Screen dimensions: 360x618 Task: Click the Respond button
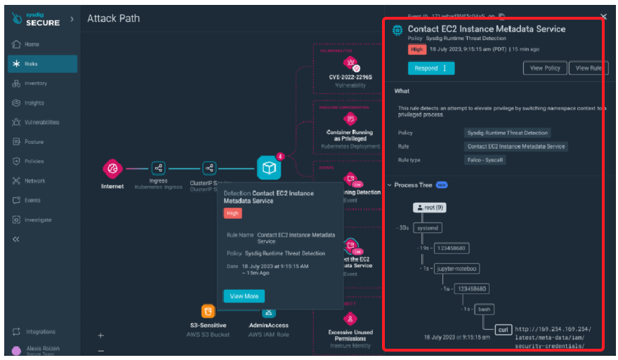[x=430, y=68]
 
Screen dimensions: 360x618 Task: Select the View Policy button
[x=544, y=68]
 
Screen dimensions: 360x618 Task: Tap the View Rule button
[x=588, y=68]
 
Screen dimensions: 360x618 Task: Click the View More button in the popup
[x=244, y=296]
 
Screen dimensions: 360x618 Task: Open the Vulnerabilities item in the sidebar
[x=41, y=122]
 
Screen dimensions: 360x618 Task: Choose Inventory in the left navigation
[x=35, y=84]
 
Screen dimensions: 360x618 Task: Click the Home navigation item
[x=32, y=44]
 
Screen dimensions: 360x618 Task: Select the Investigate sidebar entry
[x=37, y=220]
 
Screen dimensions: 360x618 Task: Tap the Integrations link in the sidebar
[x=40, y=331]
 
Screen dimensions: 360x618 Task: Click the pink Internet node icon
[x=112, y=168]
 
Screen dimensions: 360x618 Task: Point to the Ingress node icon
[x=158, y=168]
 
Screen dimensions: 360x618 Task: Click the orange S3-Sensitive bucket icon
[x=208, y=311]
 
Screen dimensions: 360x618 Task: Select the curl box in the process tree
[x=502, y=328]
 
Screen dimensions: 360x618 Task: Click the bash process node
[x=483, y=309]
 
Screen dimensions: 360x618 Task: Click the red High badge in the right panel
[x=417, y=49]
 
